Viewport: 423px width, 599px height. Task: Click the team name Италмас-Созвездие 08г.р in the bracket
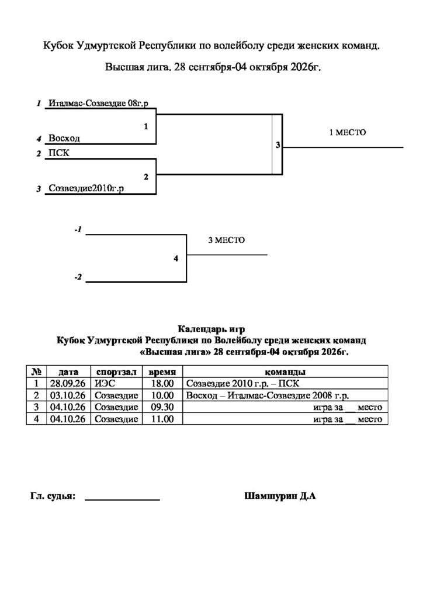(98, 103)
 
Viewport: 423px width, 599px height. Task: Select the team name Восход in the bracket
(64, 138)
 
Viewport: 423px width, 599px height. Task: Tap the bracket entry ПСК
(59, 153)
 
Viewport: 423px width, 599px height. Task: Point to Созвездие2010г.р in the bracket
(86, 188)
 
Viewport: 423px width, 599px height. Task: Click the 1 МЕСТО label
(348, 133)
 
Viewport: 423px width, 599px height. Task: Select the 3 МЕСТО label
(227, 240)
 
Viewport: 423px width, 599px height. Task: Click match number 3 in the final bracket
(278, 145)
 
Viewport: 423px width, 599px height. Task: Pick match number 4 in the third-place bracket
(176, 259)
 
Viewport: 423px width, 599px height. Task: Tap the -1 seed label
(78, 230)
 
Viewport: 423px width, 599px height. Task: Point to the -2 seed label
(78, 277)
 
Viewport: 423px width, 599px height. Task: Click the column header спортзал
(116, 371)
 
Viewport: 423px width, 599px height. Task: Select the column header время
(162, 371)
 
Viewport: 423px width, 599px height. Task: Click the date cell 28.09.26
(68, 384)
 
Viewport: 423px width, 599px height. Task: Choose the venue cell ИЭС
(105, 384)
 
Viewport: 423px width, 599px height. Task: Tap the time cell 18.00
(162, 384)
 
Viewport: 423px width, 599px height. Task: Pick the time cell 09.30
(162, 407)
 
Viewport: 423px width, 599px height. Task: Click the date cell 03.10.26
(68, 395)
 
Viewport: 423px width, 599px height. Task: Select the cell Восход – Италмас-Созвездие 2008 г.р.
(268, 395)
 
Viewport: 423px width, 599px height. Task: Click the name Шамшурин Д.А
(280, 496)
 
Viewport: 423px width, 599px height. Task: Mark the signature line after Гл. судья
(122, 500)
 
